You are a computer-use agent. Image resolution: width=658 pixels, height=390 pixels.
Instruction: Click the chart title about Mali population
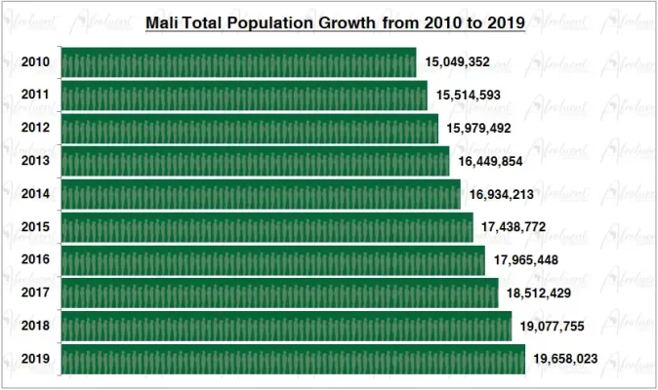click(335, 21)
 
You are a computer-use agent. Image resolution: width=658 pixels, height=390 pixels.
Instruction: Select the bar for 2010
click(238, 62)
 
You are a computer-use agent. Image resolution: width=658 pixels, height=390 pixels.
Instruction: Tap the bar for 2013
click(255, 161)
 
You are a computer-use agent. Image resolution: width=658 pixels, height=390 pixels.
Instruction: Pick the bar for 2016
click(272, 260)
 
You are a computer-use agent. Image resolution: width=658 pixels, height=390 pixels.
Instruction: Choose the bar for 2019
click(293, 359)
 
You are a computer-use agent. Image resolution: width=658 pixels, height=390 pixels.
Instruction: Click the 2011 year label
click(36, 96)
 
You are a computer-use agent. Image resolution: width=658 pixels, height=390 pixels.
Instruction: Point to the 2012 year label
click(36, 129)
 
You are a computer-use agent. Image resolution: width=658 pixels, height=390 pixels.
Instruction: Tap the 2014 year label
click(36, 194)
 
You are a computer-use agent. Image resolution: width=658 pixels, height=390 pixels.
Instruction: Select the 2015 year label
click(36, 227)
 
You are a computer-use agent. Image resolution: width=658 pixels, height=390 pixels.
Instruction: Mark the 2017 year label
click(36, 293)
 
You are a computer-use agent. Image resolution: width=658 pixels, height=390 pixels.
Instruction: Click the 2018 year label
click(36, 327)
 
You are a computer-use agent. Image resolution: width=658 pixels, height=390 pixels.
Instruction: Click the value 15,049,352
click(457, 62)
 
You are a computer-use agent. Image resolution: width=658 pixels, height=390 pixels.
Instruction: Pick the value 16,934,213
click(501, 194)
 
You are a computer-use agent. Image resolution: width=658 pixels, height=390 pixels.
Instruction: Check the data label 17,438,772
click(514, 227)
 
